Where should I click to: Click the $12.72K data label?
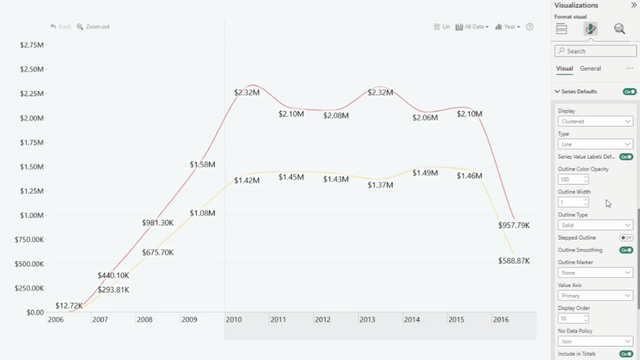(69, 305)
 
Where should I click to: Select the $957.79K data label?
(513, 225)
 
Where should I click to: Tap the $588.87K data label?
(513, 261)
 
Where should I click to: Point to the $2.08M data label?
(335, 115)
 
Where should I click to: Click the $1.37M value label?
(380, 185)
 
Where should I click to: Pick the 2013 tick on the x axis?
(367, 319)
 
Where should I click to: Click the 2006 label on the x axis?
(55, 319)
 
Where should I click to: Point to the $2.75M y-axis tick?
(31, 45)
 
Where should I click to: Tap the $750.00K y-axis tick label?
(29, 239)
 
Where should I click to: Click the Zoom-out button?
(93, 26)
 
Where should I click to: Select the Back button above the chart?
(60, 26)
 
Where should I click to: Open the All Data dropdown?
(472, 26)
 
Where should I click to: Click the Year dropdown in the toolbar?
(507, 26)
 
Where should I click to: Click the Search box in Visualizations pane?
(595, 51)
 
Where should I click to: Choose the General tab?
(590, 68)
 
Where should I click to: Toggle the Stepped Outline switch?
(626, 238)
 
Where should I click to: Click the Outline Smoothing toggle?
(626, 250)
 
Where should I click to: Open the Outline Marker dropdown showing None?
(595, 273)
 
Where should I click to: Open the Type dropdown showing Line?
(595, 144)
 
